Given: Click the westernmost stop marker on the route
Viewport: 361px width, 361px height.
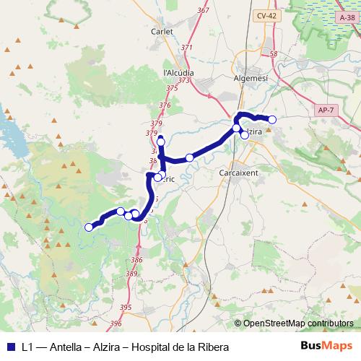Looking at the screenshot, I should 89,227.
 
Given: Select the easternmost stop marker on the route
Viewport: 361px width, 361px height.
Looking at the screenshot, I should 272,119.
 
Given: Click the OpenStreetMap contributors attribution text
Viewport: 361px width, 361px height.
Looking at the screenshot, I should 298,323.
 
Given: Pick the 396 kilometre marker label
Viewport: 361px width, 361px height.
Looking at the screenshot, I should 117,323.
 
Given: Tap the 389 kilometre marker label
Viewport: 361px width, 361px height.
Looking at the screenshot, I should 131,274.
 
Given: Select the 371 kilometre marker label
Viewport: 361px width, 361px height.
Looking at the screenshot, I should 187,48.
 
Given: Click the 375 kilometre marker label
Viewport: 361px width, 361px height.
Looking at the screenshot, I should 172,87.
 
